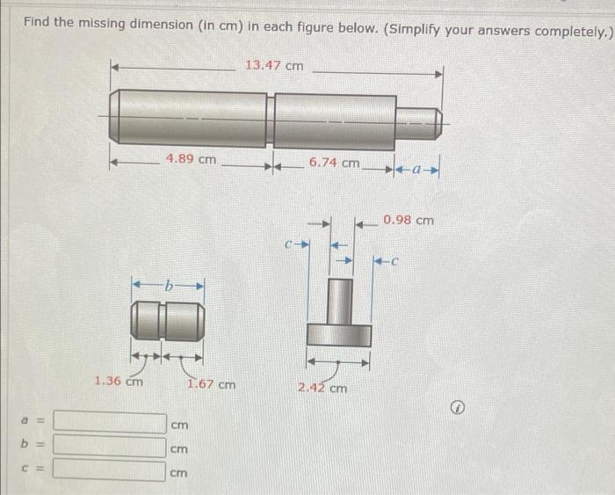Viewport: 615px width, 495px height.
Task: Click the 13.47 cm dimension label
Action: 274,65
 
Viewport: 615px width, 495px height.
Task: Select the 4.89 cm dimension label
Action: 191,159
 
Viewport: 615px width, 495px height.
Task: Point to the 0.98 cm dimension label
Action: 408,220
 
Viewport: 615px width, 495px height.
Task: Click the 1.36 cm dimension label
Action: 119,381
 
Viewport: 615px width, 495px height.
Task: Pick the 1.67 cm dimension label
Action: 211,383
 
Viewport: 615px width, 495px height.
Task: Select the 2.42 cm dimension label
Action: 322,387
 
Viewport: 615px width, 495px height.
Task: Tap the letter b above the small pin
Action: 169,284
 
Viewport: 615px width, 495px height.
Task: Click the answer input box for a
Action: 110,424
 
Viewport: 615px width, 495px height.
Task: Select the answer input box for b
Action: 110,447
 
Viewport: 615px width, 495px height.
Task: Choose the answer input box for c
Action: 110,470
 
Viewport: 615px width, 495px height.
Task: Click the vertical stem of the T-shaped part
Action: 338,301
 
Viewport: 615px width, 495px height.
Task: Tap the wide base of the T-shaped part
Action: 338,335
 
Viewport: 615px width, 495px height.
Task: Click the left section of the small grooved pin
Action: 146,321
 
